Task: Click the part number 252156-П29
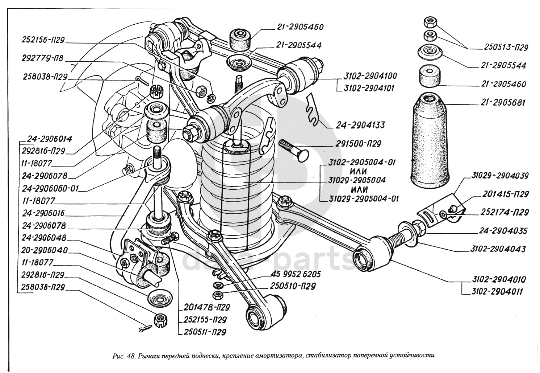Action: tap(43, 40)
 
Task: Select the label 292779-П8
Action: tap(43, 61)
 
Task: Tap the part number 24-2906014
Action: tap(50, 139)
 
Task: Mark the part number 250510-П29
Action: tap(293, 286)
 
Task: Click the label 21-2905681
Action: tap(503, 103)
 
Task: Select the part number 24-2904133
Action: tap(360, 125)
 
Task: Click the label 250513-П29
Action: tap(506, 47)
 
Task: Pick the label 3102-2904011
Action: tap(498, 291)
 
